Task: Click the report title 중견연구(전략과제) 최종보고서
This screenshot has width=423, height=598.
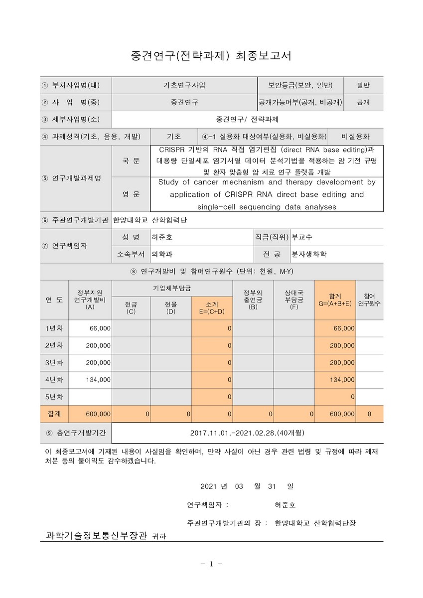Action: coord(211,55)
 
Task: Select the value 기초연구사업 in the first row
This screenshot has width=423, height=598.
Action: coord(184,85)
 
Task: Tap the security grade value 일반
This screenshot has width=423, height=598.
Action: coord(363,85)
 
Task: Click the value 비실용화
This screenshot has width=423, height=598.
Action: coord(355,136)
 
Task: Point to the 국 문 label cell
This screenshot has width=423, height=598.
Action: coord(131,160)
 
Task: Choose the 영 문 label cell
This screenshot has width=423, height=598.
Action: coord(131,194)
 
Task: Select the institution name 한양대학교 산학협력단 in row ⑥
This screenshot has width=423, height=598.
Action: coord(149,220)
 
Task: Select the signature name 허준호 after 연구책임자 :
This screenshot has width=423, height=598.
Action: coord(285,504)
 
